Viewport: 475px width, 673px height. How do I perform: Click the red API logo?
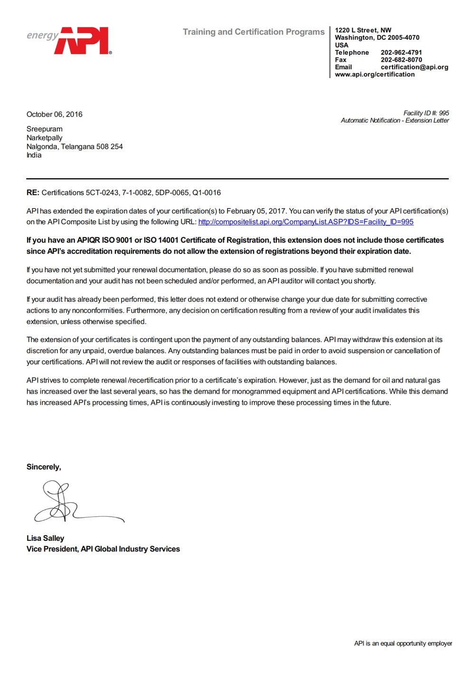(83, 40)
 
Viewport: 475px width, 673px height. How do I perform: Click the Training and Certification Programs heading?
(254, 32)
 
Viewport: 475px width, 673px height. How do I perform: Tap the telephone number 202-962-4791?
(401, 52)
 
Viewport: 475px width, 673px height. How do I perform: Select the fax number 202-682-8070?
(401, 60)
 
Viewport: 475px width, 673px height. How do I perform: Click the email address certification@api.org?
(414, 67)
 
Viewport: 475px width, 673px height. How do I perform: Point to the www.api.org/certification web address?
(374, 74)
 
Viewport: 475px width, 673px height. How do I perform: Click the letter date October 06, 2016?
(54, 114)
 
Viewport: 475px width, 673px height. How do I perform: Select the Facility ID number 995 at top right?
(444, 113)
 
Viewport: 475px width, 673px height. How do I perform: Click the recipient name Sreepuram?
(44, 129)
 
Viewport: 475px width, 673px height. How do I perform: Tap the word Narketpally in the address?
(44, 138)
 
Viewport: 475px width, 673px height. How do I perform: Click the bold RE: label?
(33, 192)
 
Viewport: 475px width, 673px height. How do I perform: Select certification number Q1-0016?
(206, 192)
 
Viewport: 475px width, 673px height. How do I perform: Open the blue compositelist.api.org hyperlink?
(305, 222)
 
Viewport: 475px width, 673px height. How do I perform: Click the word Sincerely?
(44, 467)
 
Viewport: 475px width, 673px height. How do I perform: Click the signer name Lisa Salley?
(45, 538)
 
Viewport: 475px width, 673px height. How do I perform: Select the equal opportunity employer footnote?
(403, 643)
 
